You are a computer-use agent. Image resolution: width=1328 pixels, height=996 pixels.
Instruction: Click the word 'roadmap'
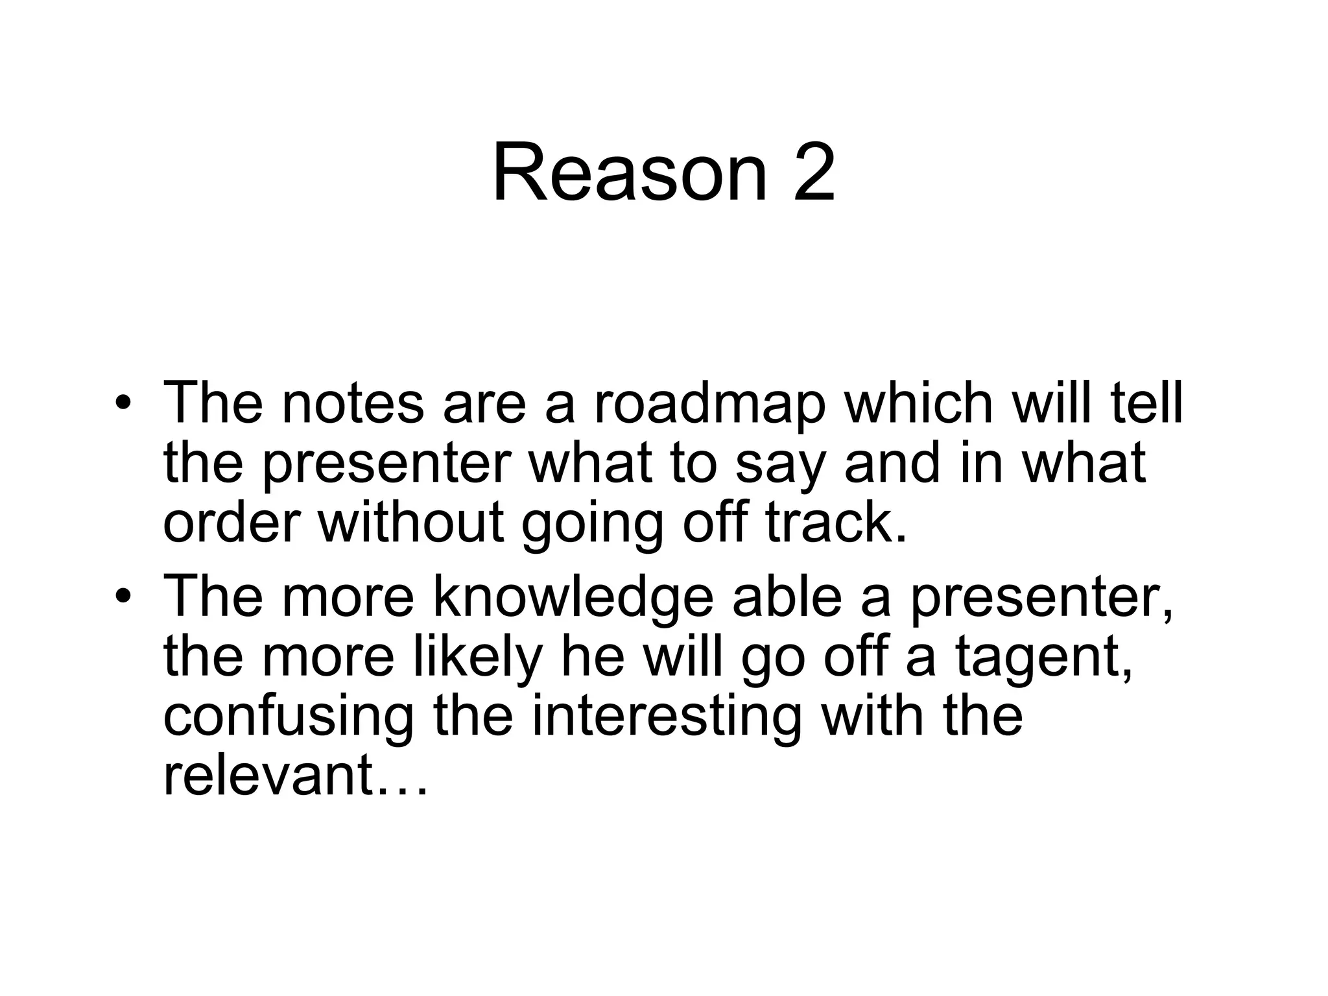click(x=710, y=406)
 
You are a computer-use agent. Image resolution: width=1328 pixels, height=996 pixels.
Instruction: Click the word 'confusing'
click(x=288, y=718)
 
